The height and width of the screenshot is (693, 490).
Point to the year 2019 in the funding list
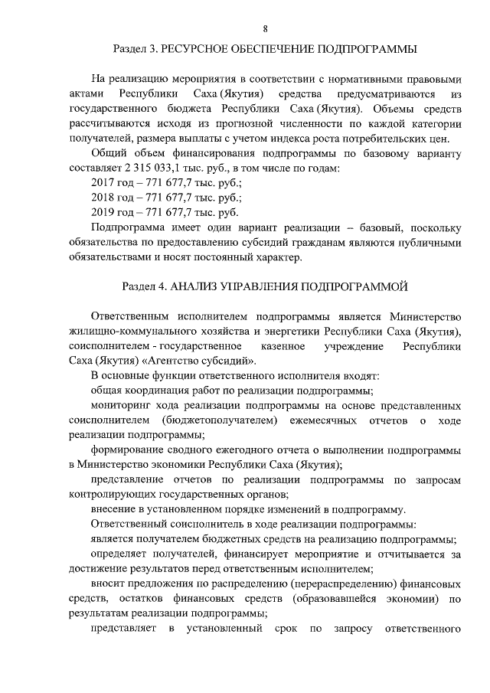coord(103,212)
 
